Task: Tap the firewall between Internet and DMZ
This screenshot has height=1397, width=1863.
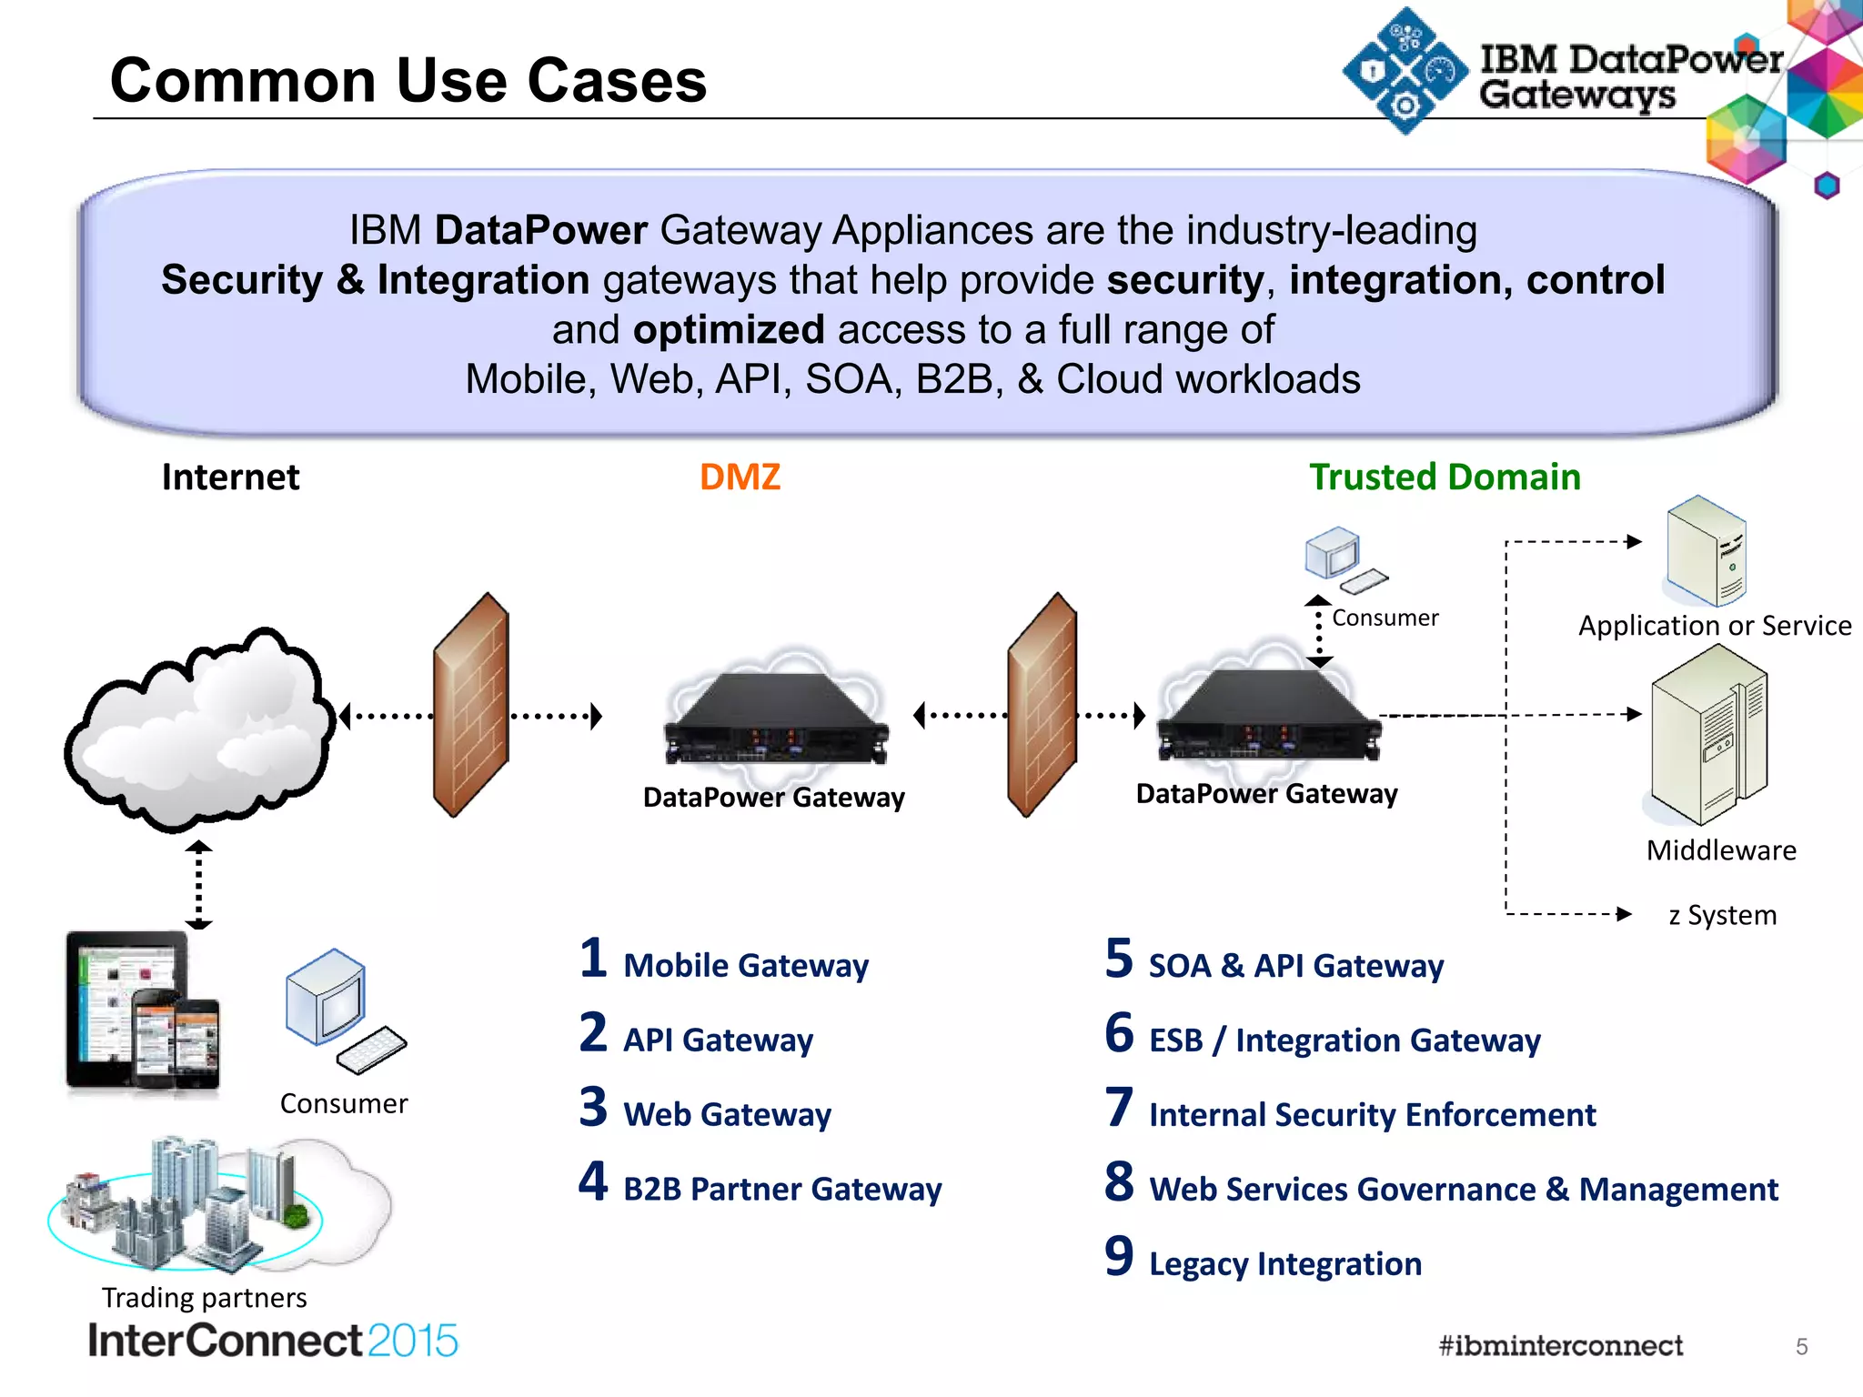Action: pyautogui.click(x=471, y=705)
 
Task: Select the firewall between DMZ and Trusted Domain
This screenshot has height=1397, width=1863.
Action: pyautogui.click(x=1042, y=705)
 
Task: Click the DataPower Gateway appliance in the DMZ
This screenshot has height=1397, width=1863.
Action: pyautogui.click(x=775, y=719)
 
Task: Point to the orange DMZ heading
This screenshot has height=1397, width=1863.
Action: pyautogui.click(x=740, y=477)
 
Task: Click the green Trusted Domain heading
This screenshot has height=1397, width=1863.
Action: pyautogui.click(x=1445, y=477)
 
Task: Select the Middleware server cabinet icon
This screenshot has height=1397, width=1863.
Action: pyautogui.click(x=1708, y=735)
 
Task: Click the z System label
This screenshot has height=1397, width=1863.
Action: pyautogui.click(x=1722, y=914)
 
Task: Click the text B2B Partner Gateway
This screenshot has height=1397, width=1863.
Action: pyautogui.click(x=782, y=1189)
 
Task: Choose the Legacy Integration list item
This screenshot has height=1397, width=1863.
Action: pyautogui.click(x=1284, y=1263)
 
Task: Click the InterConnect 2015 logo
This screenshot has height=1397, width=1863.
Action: pyautogui.click(x=273, y=1341)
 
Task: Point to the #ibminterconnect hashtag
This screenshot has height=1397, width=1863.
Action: pyautogui.click(x=1560, y=1345)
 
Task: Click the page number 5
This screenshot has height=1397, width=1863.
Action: pyautogui.click(x=1801, y=1346)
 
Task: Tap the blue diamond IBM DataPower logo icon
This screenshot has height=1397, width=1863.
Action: pyautogui.click(x=1405, y=71)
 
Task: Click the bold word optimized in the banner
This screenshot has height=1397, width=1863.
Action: pyautogui.click(x=729, y=329)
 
